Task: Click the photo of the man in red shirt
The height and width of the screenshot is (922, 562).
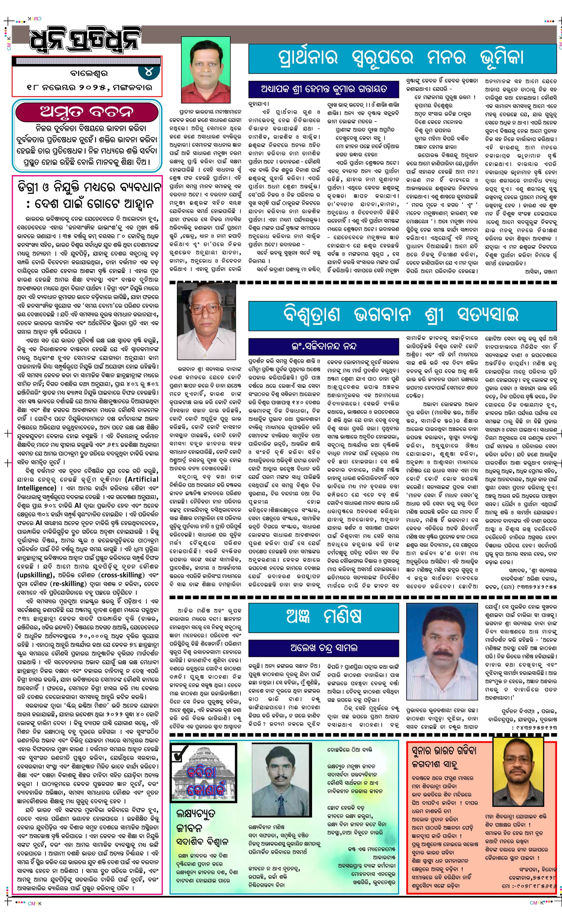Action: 206,70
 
